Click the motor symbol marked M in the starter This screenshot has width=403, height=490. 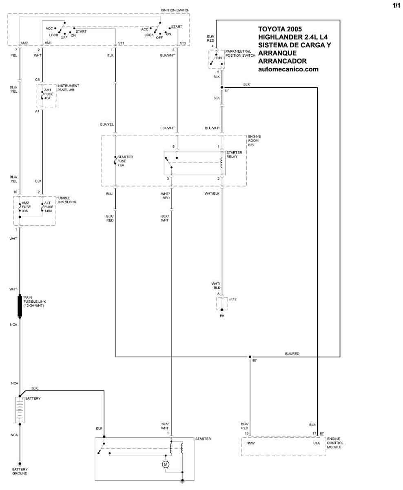click(x=166, y=464)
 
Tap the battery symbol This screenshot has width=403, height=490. click(x=20, y=410)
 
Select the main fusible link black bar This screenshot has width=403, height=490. click(x=20, y=306)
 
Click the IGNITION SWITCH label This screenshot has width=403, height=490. click(x=175, y=10)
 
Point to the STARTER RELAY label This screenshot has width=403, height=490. click(x=234, y=155)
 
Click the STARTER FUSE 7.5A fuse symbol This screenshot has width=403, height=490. click(x=115, y=160)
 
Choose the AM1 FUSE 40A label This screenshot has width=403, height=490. click(x=49, y=94)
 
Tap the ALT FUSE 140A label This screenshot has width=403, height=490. click(x=49, y=207)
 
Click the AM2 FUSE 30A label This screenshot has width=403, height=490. click(x=26, y=207)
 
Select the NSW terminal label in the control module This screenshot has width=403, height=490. click(x=250, y=443)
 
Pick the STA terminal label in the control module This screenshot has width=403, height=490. click(x=317, y=443)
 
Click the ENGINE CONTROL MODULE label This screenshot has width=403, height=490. click(x=335, y=443)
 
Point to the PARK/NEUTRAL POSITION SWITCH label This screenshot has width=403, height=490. click(x=240, y=53)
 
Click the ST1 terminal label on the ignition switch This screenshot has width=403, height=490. click(x=121, y=43)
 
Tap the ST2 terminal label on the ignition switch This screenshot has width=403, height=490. click(x=183, y=43)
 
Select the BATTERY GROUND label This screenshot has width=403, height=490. click(x=20, y=471)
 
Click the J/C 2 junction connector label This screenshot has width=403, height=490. click(x=232, y=299)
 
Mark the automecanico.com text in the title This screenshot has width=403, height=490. click(x=288, y=69)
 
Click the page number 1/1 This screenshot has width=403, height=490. click(x=396, y=5)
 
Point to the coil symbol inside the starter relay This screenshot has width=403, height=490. click(x=221, y=163)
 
